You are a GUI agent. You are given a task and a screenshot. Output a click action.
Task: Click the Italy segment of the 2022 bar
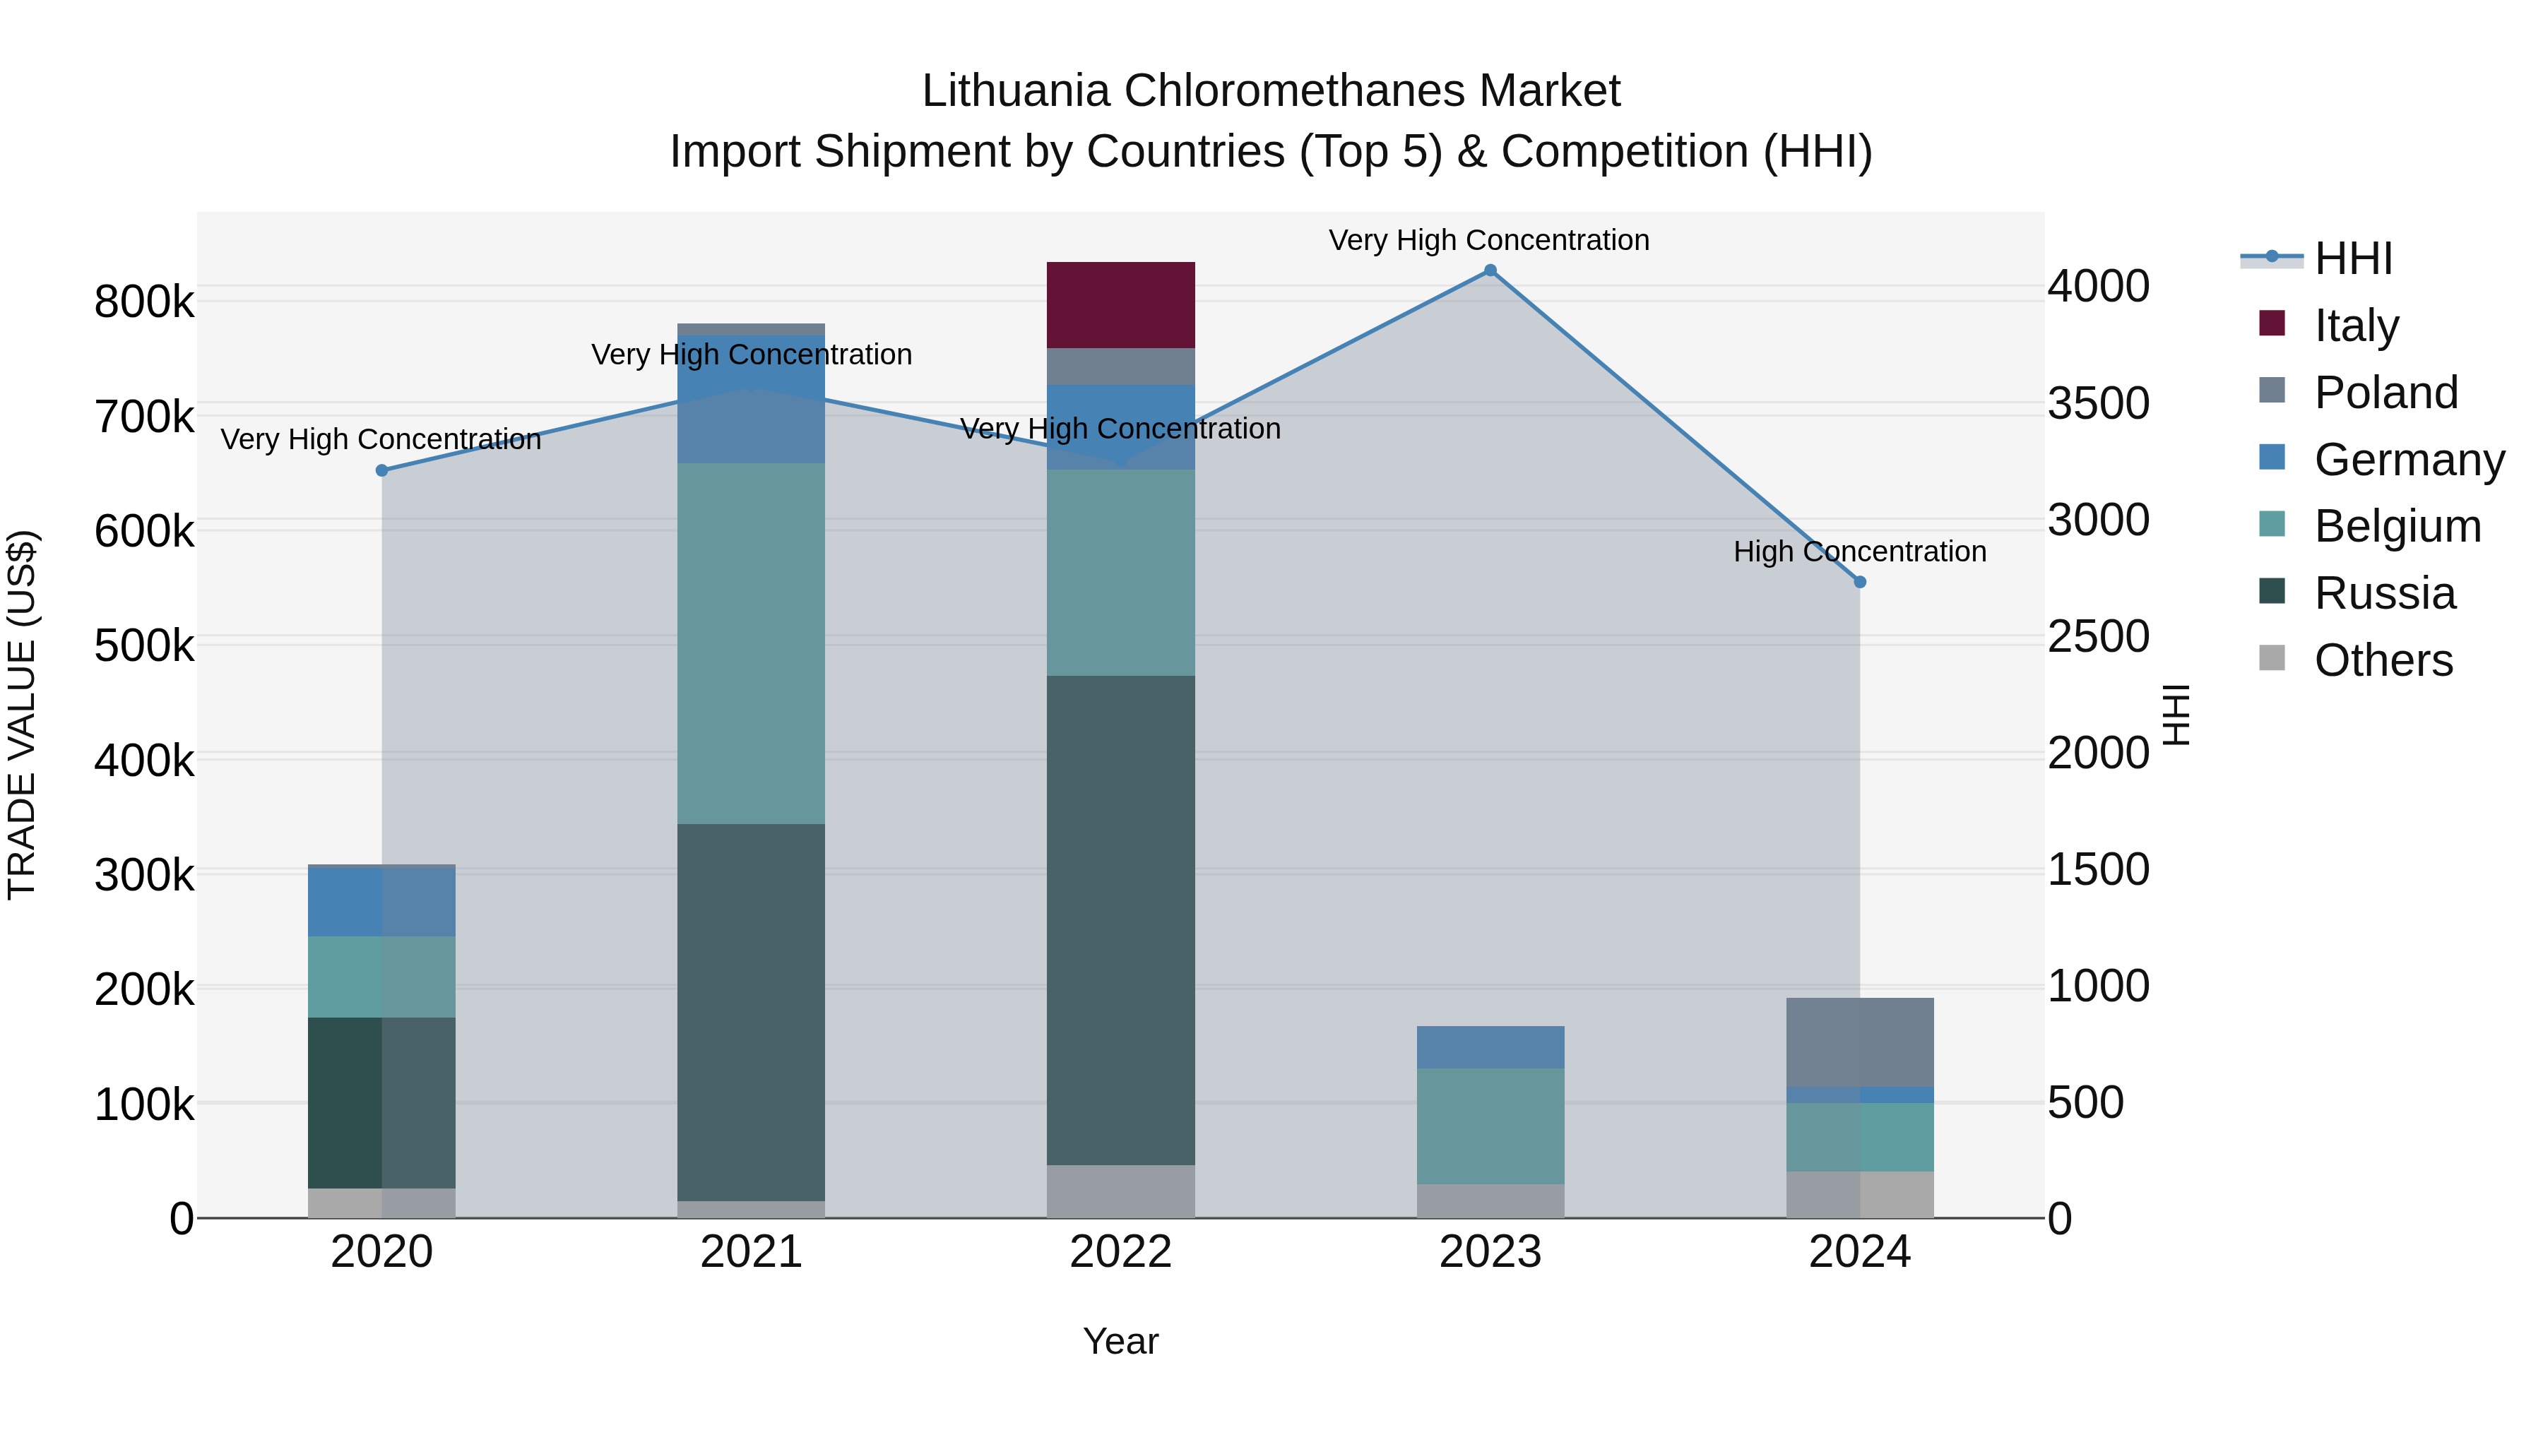click(x=1120, y=305)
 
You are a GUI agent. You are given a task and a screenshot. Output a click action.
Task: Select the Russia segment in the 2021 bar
click(x=750, y=1011)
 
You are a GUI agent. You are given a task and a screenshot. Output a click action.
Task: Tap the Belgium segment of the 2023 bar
click(x=1490, y=1125)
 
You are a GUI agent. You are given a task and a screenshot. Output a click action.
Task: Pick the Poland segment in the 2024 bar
click(x=1859, y=1041)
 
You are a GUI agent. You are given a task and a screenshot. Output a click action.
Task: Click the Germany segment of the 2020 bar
click(x=381, y=901)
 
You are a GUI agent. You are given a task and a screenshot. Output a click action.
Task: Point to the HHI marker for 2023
click(x=1490, y=270)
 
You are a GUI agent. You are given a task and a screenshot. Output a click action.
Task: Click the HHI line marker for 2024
click(x=1859, y=583)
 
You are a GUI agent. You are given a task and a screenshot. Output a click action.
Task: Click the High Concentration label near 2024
click(x=1859, y=552)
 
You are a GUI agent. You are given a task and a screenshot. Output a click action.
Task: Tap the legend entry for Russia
click(x=2384, y=593)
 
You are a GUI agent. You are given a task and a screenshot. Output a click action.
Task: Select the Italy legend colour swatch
click(x=2272, y=323)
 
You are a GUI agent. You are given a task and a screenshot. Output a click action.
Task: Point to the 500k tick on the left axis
click(x=144, y=646)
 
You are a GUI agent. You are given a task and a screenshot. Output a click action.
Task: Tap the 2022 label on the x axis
click(x=1120, y=1252)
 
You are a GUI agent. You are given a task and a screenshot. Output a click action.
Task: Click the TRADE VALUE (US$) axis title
click(x=22, y=715)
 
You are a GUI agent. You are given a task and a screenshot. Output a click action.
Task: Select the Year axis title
click(x=1120, y=1341)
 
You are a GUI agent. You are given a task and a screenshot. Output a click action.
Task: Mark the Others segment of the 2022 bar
click(x=1120, y=1191)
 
